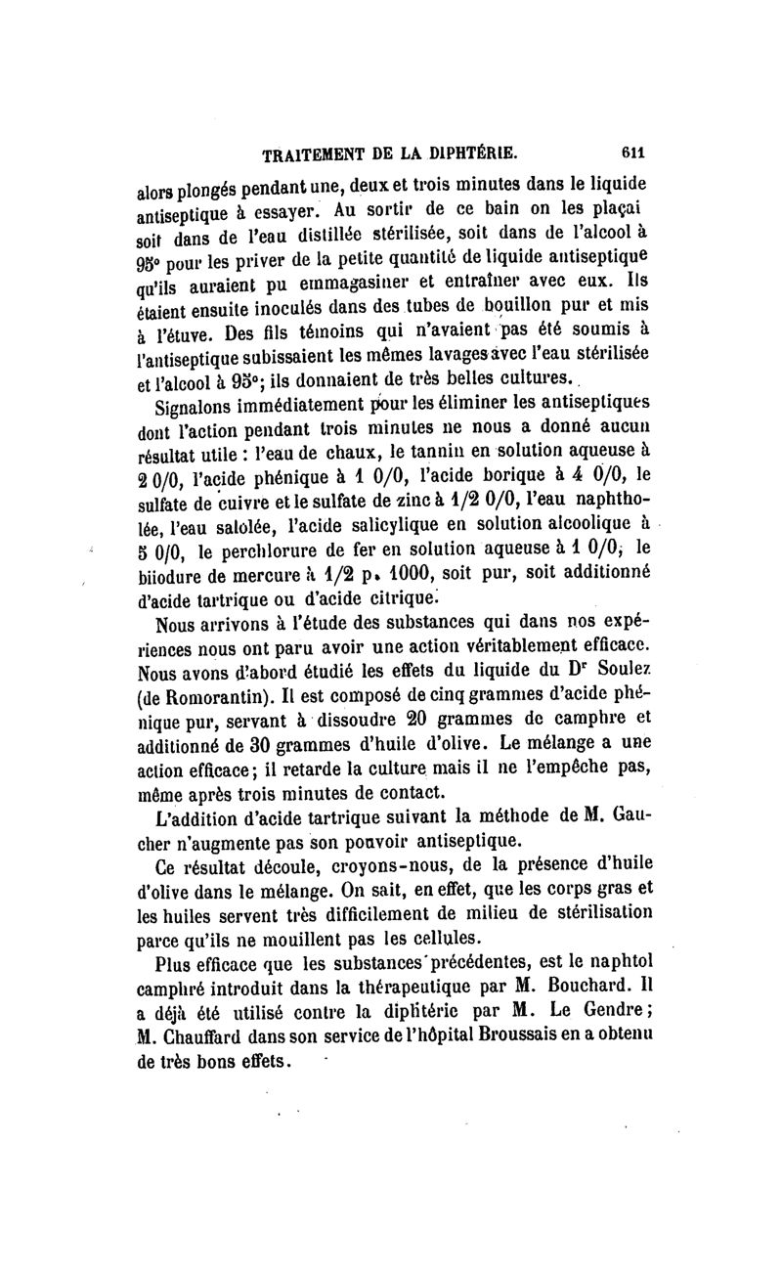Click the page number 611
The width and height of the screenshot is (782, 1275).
(632, 153)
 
